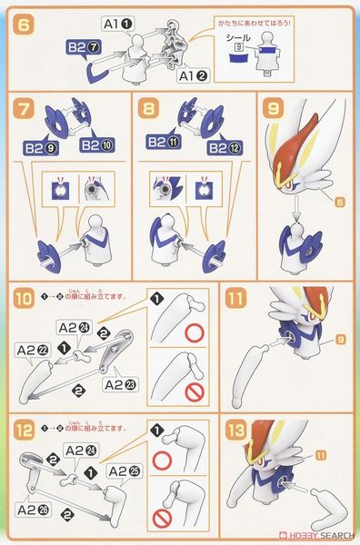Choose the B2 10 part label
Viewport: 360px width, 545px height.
pos(97,144)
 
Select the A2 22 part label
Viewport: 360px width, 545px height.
pos(32,348)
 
